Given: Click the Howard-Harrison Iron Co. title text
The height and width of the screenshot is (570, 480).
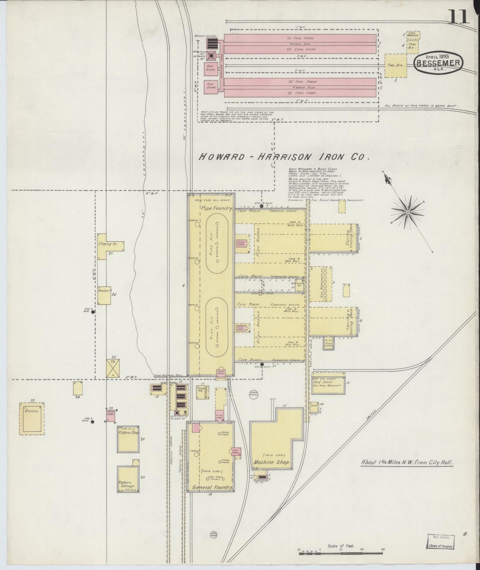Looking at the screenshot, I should tap(284, 157).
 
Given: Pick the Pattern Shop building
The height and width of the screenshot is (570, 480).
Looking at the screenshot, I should tap(128, 439).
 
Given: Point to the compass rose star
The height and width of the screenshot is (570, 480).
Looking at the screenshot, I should tap(408, 212).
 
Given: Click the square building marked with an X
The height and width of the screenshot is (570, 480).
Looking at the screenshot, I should tap(113, 368).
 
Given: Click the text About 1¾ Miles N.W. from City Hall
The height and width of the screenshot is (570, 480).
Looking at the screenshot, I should tap(407, 462).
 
